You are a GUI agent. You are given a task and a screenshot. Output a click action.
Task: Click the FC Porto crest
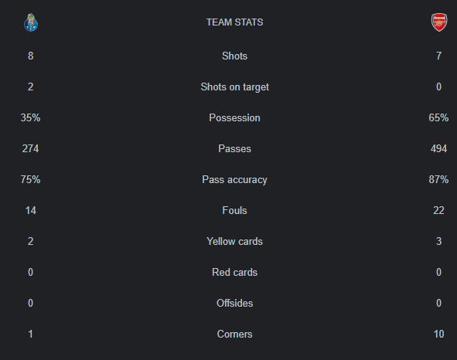[31, 22]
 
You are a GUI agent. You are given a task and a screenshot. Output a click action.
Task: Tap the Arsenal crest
[439, 22]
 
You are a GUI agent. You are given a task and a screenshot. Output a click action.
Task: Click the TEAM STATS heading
[234, 22]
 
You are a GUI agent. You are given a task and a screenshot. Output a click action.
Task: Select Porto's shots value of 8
[31, 56]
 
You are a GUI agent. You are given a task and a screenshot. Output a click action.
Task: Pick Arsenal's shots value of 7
[438, 56]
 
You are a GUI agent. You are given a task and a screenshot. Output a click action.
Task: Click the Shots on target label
[234, 87]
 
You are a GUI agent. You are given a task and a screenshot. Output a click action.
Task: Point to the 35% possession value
[31, 117]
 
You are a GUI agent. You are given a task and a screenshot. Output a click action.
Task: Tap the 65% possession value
[438, 117]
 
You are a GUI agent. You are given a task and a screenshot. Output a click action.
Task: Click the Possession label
[234, 117]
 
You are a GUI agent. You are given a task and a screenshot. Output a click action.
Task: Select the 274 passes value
[31, 148]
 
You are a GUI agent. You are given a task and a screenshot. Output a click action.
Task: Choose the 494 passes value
[438, 148]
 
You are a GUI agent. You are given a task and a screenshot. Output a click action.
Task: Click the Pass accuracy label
[234, 180]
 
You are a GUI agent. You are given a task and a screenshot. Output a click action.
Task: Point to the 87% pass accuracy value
[438, 179]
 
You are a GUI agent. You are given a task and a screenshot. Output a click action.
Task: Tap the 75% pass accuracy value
[31, 179]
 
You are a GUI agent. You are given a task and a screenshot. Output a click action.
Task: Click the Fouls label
[234, 210]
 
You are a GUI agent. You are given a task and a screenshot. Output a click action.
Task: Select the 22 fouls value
[438, 210]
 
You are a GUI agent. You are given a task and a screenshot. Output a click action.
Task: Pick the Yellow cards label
[234, 241]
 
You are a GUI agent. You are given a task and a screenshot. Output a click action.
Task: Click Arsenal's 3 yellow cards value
[438, 241]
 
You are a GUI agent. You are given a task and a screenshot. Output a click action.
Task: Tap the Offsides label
[234, 303]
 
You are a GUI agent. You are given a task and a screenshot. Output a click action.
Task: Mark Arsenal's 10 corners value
[438, 334]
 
